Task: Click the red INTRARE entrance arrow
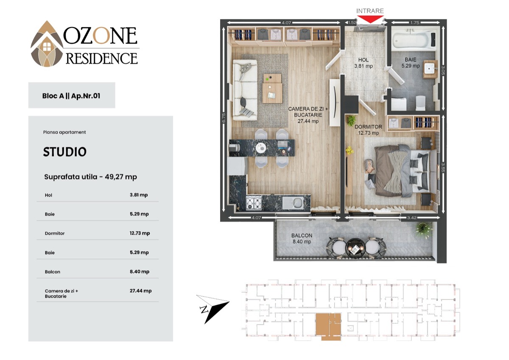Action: pyautogui.click(x=370, y=19)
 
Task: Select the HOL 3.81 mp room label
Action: pyautogui.click(x=364, y=63)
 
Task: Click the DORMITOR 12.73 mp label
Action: pyautogui.click(x=368, y=130)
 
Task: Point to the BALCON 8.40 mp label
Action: pyautogui.click(x=302, y=239)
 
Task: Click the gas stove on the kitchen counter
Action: pyautogui.click(x=254, y=203)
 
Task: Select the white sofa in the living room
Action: pyautogui.click(x=245, y=90)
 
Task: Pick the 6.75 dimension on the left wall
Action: pyautogui.click(x=224, y=118)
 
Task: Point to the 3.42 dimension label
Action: pyautogui.click(x=412, y=218)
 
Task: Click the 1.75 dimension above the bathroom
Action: pyautogui.click(x=415, y=22)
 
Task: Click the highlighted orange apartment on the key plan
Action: pyautogui.click(x=328, y=326)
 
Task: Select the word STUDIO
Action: pyautogui.click(x=65, y=152)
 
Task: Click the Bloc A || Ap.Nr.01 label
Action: pyautogui.click(x=71, y=96)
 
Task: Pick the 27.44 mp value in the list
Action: pyautogui.click(x=141, y=291)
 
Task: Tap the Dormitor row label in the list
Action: pyautogui.click(x=55, y=233)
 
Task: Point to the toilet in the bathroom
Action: pyautogui.click(x=420, y=103)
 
